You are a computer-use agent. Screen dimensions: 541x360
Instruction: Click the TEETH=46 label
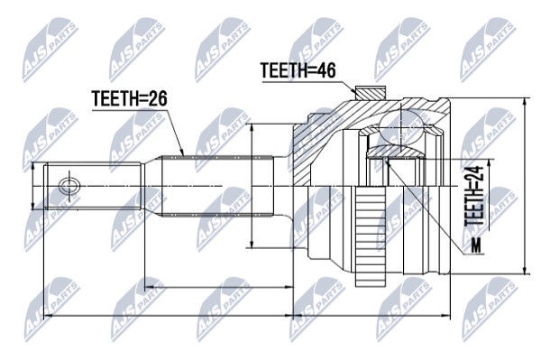click(298, 70)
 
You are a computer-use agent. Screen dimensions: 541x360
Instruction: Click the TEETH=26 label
click(129, 98)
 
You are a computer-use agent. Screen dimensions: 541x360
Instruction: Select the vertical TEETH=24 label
click(475, 196)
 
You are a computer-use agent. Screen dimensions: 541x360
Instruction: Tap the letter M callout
click(476, 246)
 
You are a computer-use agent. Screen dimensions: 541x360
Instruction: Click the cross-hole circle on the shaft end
click(69, 187)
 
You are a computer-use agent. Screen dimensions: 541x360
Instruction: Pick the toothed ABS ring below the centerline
click(371, 236)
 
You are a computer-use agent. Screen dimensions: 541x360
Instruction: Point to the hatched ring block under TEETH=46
click(371, 93)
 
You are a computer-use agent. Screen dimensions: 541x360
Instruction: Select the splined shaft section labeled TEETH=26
click(217, 187)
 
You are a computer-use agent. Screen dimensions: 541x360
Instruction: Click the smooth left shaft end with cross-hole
click(93, 187)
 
